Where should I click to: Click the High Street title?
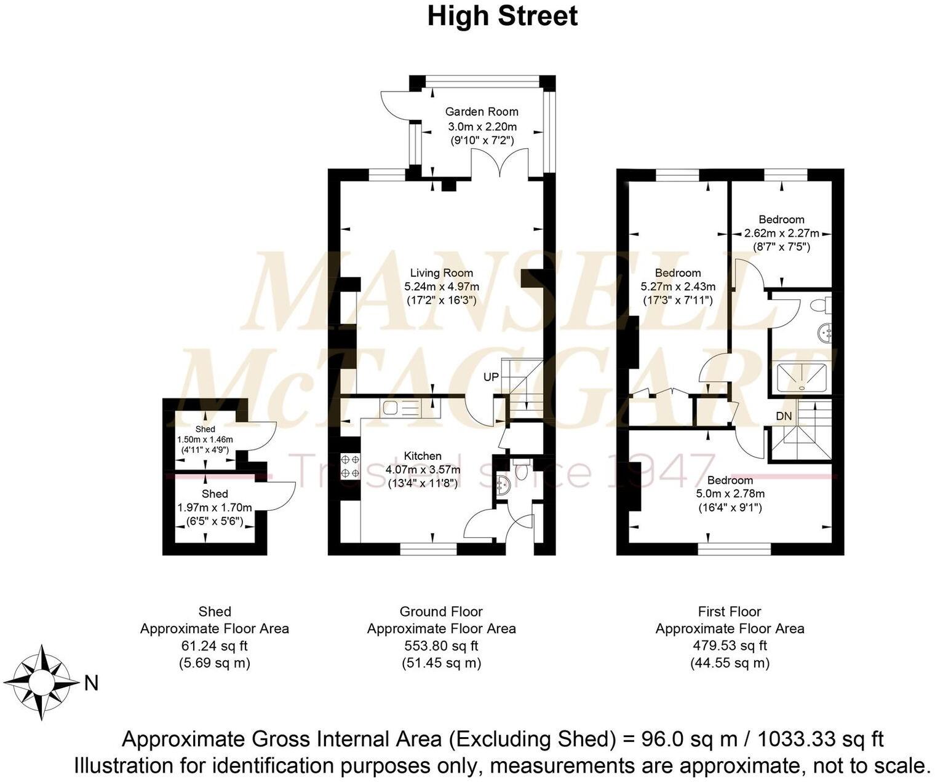pyautogui.click(x=502, y=16)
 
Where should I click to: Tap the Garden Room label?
pyautogui.click(x=481, y=112)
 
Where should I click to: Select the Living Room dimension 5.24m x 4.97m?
pyautogui.click(x=441, y=286)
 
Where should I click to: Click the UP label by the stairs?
pyautogui.click(x=490, y=377)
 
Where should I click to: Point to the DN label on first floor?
pyautogui.click(x=783, y=416)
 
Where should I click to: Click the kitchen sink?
pyautogui.click(x=400, y=407)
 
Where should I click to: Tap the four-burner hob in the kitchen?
pyautogui.click(x=349, y=465)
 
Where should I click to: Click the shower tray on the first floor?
pyautogui.click(x=802, y=377)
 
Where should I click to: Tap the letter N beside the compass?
pyautogui.click(x=91, y=684)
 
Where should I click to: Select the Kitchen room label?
pyautogui.click(x=422, y=456)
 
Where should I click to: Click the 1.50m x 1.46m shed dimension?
pyautogui.click(x=205, y=440)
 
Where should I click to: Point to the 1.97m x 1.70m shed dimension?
pyautogui.click(x=214, y=508)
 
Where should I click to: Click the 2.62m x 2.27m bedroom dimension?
pyautogui.click(x=781, y=234)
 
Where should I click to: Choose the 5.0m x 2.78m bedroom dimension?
pyautogui.click(x=730, y=494)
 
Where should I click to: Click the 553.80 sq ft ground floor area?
pyautogui.click(x=441, y=646)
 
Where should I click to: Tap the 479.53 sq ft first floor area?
pyautogui.click(x=730, y=646)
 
